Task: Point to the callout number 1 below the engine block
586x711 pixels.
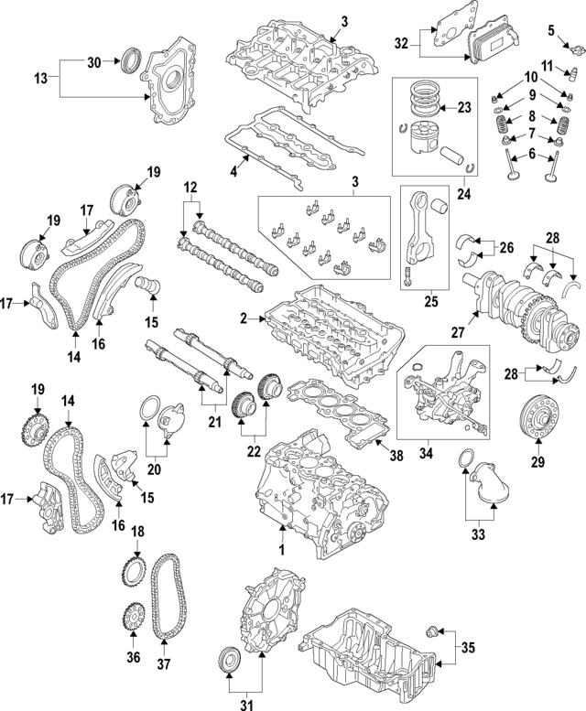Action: (282, 550)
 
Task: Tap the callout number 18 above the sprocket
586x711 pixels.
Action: (138, 532)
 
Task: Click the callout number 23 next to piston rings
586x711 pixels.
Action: (464, 107)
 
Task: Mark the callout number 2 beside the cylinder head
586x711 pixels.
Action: (244, 318)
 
